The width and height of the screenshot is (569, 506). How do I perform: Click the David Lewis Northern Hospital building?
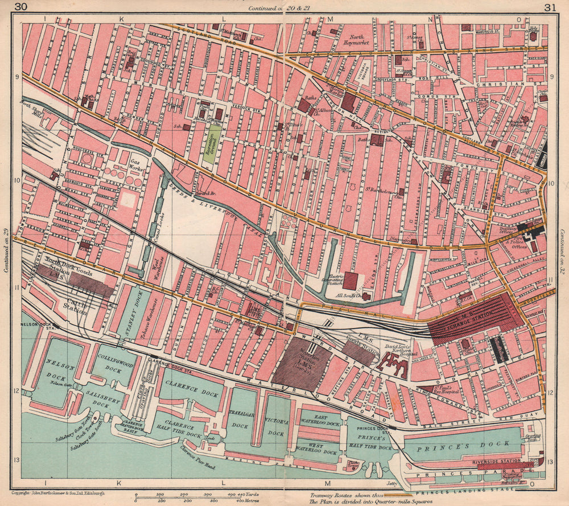[x=396, y=365]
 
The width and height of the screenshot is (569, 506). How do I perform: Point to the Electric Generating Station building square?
[x=350, y=281]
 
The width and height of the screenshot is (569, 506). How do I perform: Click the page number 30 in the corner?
[x=21, y=7]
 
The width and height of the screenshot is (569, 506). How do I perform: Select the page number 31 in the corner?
[x=549, y=7]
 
